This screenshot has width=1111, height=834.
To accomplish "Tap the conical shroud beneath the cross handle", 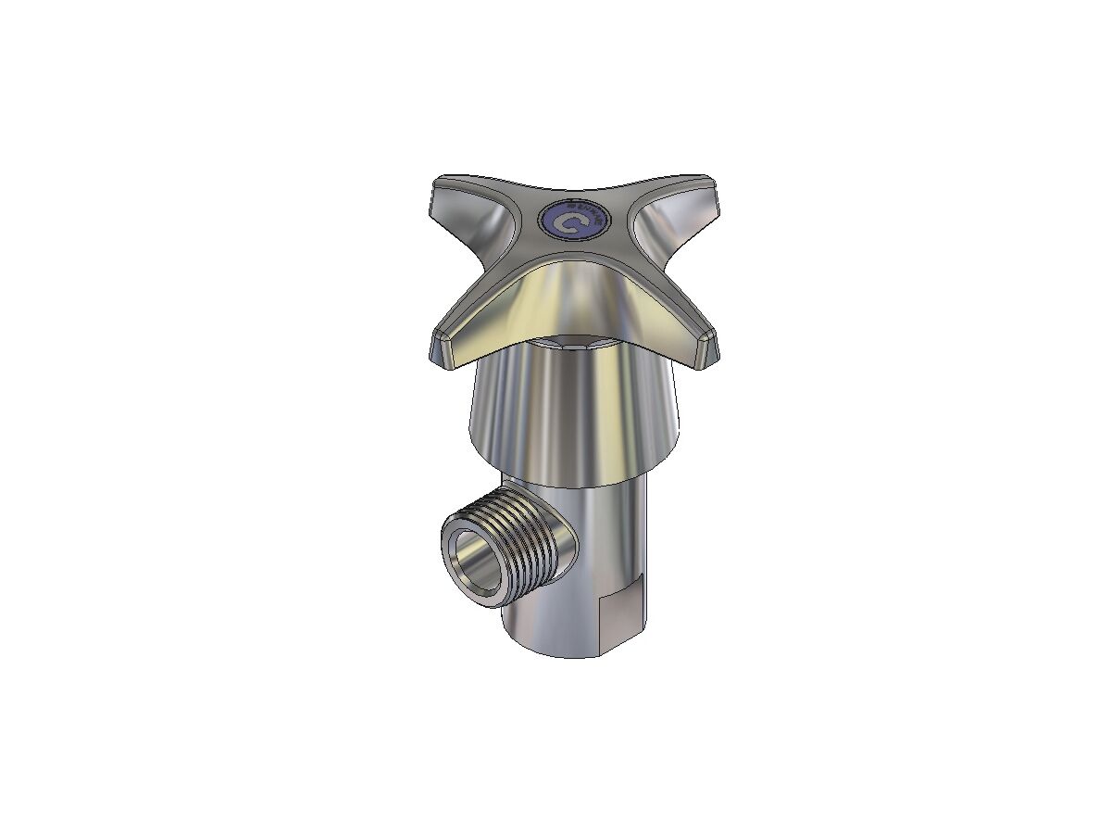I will (574, 417).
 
